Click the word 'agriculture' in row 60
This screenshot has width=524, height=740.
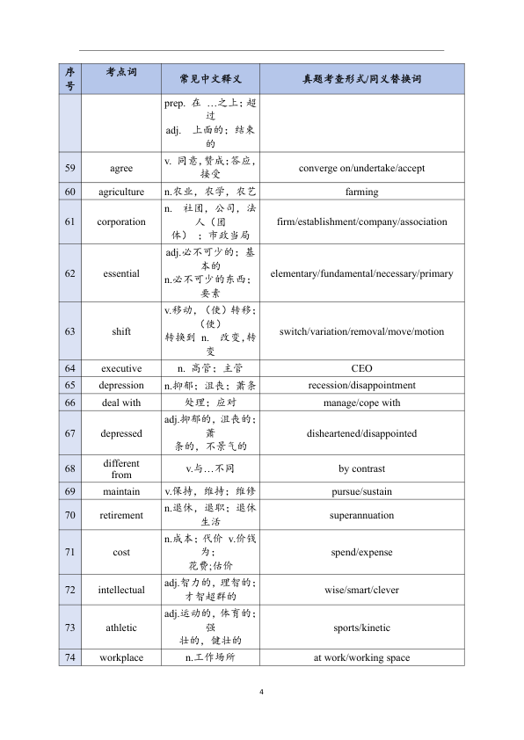[121, 192]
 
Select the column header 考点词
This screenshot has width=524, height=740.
[121, 72]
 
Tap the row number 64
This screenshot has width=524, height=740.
[70, 368]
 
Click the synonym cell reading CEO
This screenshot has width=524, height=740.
[361, 368]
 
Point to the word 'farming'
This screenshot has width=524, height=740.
[361, 192]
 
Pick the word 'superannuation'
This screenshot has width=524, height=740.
[361, 515]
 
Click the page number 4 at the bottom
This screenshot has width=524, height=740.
[262, 692]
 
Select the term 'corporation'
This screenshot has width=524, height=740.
[121, 221]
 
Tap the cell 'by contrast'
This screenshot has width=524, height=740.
[361, 468]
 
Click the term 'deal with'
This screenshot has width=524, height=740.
[121, 403]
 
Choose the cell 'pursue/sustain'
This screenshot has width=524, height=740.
[361, 491]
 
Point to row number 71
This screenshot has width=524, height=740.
[70, 552]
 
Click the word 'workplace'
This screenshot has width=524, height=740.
[121, 657]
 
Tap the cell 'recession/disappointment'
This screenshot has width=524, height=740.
[361, 385]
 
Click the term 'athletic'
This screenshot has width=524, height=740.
[121, 628]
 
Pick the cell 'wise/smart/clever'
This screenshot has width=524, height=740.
[361, 590]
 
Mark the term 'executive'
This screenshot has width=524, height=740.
[121, 368]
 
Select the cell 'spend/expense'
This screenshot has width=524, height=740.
[361, 552]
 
